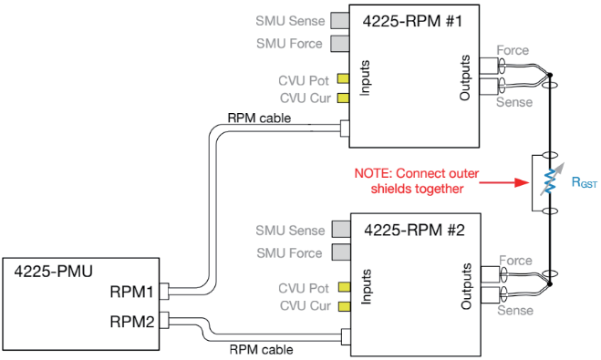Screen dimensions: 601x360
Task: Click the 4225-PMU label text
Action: click(53, 272)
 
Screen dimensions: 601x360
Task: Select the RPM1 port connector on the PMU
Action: click(164, 291)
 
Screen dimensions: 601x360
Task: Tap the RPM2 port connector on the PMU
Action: click(164, 320)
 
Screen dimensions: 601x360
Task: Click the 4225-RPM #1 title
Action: click(412, 21)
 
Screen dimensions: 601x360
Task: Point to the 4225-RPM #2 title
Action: click(414, 231)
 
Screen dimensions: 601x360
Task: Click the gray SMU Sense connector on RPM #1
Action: click(340, 20)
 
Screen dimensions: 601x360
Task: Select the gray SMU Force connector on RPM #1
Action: click(340, 43)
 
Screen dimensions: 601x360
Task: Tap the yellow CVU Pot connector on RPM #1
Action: click(343, 79)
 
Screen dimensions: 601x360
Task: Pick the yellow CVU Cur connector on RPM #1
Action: click(343, 98)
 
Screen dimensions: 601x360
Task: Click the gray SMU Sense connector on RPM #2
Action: click(341, 229)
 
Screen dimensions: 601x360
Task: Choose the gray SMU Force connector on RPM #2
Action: click(341, 252)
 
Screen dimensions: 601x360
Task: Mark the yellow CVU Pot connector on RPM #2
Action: click(344, 287)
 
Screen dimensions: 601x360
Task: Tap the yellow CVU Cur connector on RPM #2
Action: click(344, 306)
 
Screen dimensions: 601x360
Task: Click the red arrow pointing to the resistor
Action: click(504, 182)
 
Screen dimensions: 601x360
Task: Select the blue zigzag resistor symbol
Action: click(550, 181)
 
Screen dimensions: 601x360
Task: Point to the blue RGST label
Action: click(585, 182)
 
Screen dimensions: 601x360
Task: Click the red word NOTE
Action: click(371, 173)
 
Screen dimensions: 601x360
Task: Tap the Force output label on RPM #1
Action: click(513, 50)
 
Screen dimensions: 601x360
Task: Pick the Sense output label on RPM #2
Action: click(515, 310)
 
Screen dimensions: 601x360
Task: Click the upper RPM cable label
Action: click(259, 118)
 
